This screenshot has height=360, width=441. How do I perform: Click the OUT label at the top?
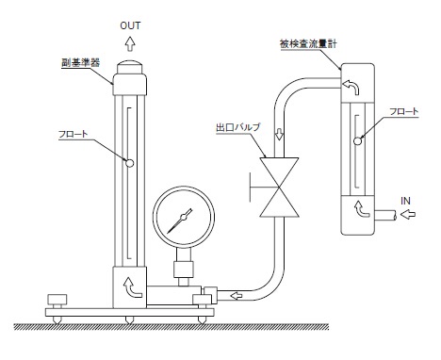(x=130, y=25)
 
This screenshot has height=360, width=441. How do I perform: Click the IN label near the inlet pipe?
(x=405, y=201)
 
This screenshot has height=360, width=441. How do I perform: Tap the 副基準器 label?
(x=80, y=62)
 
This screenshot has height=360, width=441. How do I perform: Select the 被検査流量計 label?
(x=308, y=43)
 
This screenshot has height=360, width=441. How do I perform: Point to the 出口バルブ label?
(x=238, y=127)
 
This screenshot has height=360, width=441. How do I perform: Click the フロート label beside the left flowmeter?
(x=73, y=134)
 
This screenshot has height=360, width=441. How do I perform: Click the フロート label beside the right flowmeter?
(x=403, y=111)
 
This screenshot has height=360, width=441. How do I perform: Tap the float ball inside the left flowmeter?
(x=129, y=163)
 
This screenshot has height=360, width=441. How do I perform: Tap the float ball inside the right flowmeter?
(x=357, y=141)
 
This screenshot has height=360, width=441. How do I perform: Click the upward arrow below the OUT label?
(x=130, y=43)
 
